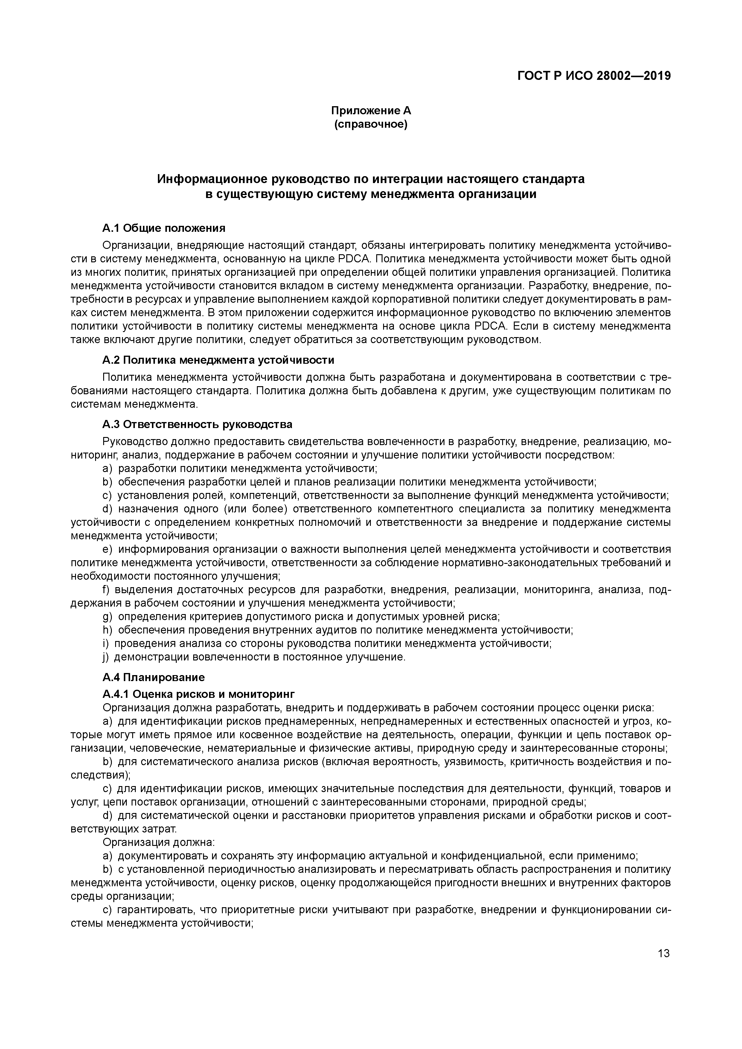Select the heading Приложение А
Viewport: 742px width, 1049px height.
[371, 111]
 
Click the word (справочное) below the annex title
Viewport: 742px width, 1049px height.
[371, 124]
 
